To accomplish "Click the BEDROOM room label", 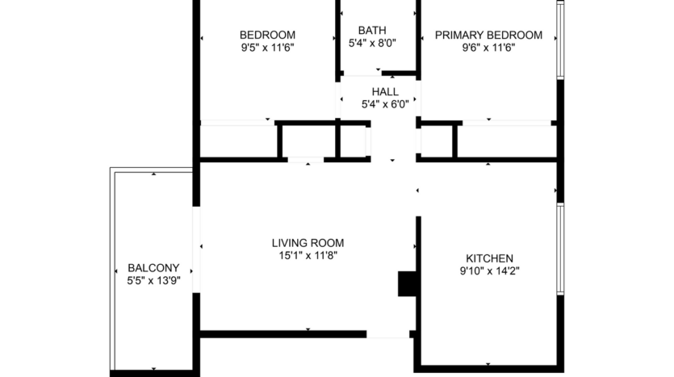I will pyautogui.click(x=267, y=35).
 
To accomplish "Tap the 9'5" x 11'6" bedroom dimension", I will pyautogui.click(x=267, y=48).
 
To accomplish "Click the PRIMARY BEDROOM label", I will pyautogui.click(x=488, y=35).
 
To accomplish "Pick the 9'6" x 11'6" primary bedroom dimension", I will pyautogui.click(x=488, y=48).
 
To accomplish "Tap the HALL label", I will pyautogui.click(x=384, y=90).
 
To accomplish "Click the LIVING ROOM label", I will pyautogui.click(x=308, y=242).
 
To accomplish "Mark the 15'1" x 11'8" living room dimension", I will pyautogui.click(x=308, y=255).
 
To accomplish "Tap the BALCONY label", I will pyautogui.click(x=153, y=268).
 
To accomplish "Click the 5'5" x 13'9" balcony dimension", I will pyautogui.click(x=153, y=281).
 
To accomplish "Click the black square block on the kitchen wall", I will pyautogui.click(x=406, y=284).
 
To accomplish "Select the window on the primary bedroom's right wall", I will pyautogui.click(x=559, y=39).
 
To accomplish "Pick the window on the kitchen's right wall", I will pyautogui.click(x=559, y=249).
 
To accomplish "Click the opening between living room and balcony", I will pyautogui.click(x=196, y=250).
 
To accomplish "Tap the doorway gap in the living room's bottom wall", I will pyautogui.click(x=388, y=333).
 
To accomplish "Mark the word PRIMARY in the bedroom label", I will pyautogui.click(x=459, y=35).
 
